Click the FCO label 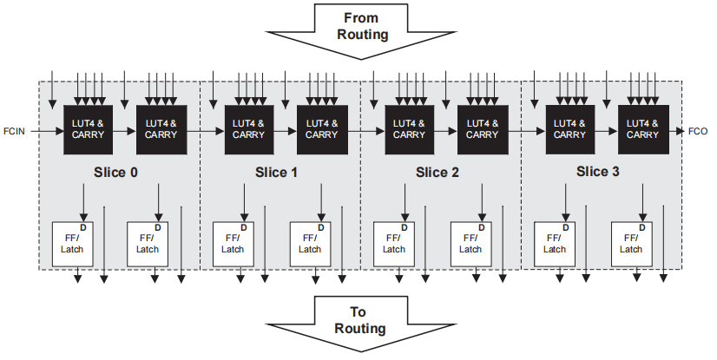(698, 131)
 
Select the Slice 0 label (115, 172)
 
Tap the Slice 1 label (276, 172)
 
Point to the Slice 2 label (437, 172)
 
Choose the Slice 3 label (597, 172)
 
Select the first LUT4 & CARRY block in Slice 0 (88, 129)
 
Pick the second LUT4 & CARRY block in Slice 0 (161, 129)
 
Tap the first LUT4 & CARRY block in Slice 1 (248, 129)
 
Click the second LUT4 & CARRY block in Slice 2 (482, 129)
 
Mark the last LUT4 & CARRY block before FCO (642, 129)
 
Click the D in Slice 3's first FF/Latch (566, 227)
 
